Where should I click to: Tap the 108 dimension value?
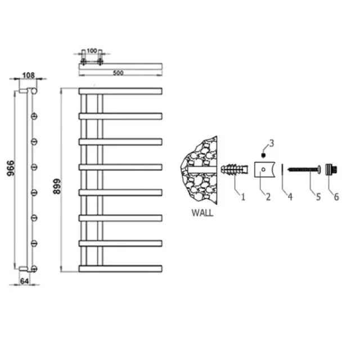(x=29, y=74)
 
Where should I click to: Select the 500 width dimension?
(x=118, y=73)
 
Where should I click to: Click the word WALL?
(x=202, y=214)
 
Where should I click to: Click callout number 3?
(x=271, y=143)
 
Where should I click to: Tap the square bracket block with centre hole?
(x=263, y=169)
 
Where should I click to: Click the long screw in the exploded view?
(x=304, y=168)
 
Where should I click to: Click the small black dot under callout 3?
(x=263, y=154)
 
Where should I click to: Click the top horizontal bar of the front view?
(x=121, y=91)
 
